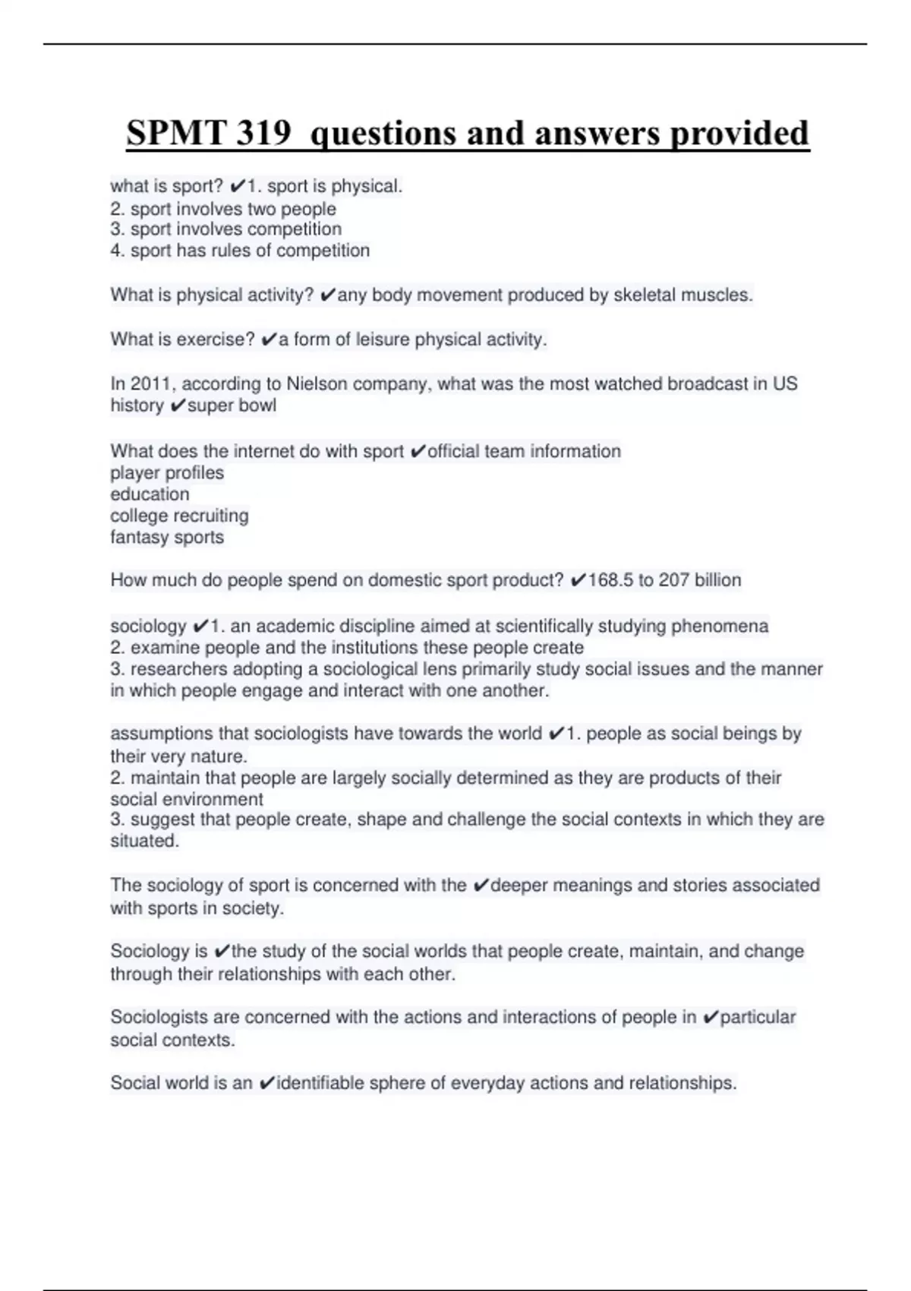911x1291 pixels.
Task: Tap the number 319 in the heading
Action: pyautogui.click(x=263, y=133)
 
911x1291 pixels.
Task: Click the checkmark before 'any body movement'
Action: pyautogui.click(x=327, y=295)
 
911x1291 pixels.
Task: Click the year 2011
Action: pyautogui.click(x=150, y=384)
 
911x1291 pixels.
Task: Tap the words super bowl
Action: pyautogui.click(x=232, y=406)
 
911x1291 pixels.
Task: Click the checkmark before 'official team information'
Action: pyautogui.click(x=417, y=452)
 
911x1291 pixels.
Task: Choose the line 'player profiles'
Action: pyautogui.click(x=167, y=473)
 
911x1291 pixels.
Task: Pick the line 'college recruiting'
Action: pyautogui.click(x=179, y=516)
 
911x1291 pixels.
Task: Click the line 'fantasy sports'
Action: pyautogui.click(x=167, y=537)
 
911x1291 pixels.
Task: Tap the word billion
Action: pyautogui.click(x=717, y=580)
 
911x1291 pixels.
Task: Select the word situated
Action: pyautogui.click(x=144, y=841)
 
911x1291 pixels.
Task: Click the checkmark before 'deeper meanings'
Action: pyautogui.click(x=480, y=885)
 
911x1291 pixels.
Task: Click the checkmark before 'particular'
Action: pyautogui.click(x=711, y=1018)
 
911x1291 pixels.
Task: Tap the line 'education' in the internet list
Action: pyautogui.click(x=150, y=494)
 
